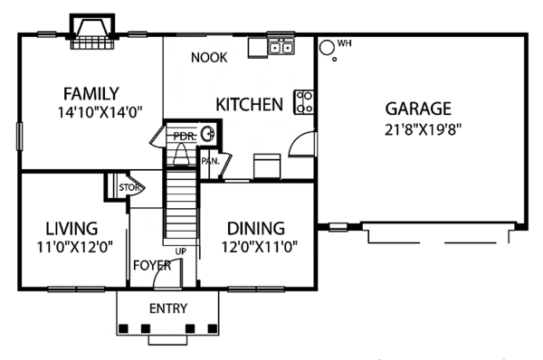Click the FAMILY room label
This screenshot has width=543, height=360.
pos(91,94)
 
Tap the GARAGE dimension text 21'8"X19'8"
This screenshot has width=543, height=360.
pos(424,130)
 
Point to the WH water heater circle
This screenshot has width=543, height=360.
pos(326,47)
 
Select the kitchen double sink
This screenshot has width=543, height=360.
pos(281,46)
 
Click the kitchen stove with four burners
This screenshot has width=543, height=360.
pos(304,102)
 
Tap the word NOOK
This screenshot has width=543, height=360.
pos(209,58)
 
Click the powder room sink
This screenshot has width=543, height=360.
pos(208,134)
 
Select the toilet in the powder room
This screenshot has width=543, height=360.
pos(181,154)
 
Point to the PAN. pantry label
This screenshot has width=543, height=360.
pos(211,161)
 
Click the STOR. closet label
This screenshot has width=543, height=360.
pos(129,187)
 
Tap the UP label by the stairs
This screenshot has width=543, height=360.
pos(180,251)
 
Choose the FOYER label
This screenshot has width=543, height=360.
pos(152,266)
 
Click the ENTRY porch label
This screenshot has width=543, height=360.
pos(168,308)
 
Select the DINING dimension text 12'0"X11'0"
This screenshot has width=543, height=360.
pos(260,247)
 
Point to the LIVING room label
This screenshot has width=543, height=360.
pos(72,229)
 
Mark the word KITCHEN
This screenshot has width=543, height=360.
pos(250,105)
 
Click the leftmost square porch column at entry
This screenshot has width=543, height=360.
pos(124,328)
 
